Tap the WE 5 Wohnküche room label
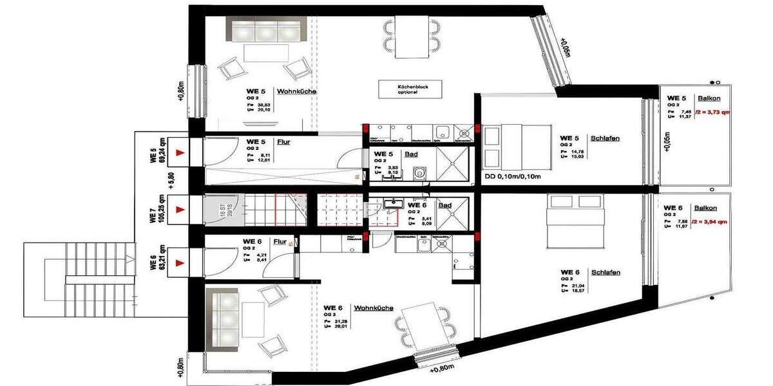pos(281,91)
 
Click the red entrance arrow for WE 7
pos(182,208)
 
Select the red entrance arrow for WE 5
pos(182,152)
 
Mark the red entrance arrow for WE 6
pos(182,262)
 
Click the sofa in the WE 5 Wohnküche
pos(267,32)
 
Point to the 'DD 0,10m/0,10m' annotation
pos(512,176)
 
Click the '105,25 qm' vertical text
pos(155,208)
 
